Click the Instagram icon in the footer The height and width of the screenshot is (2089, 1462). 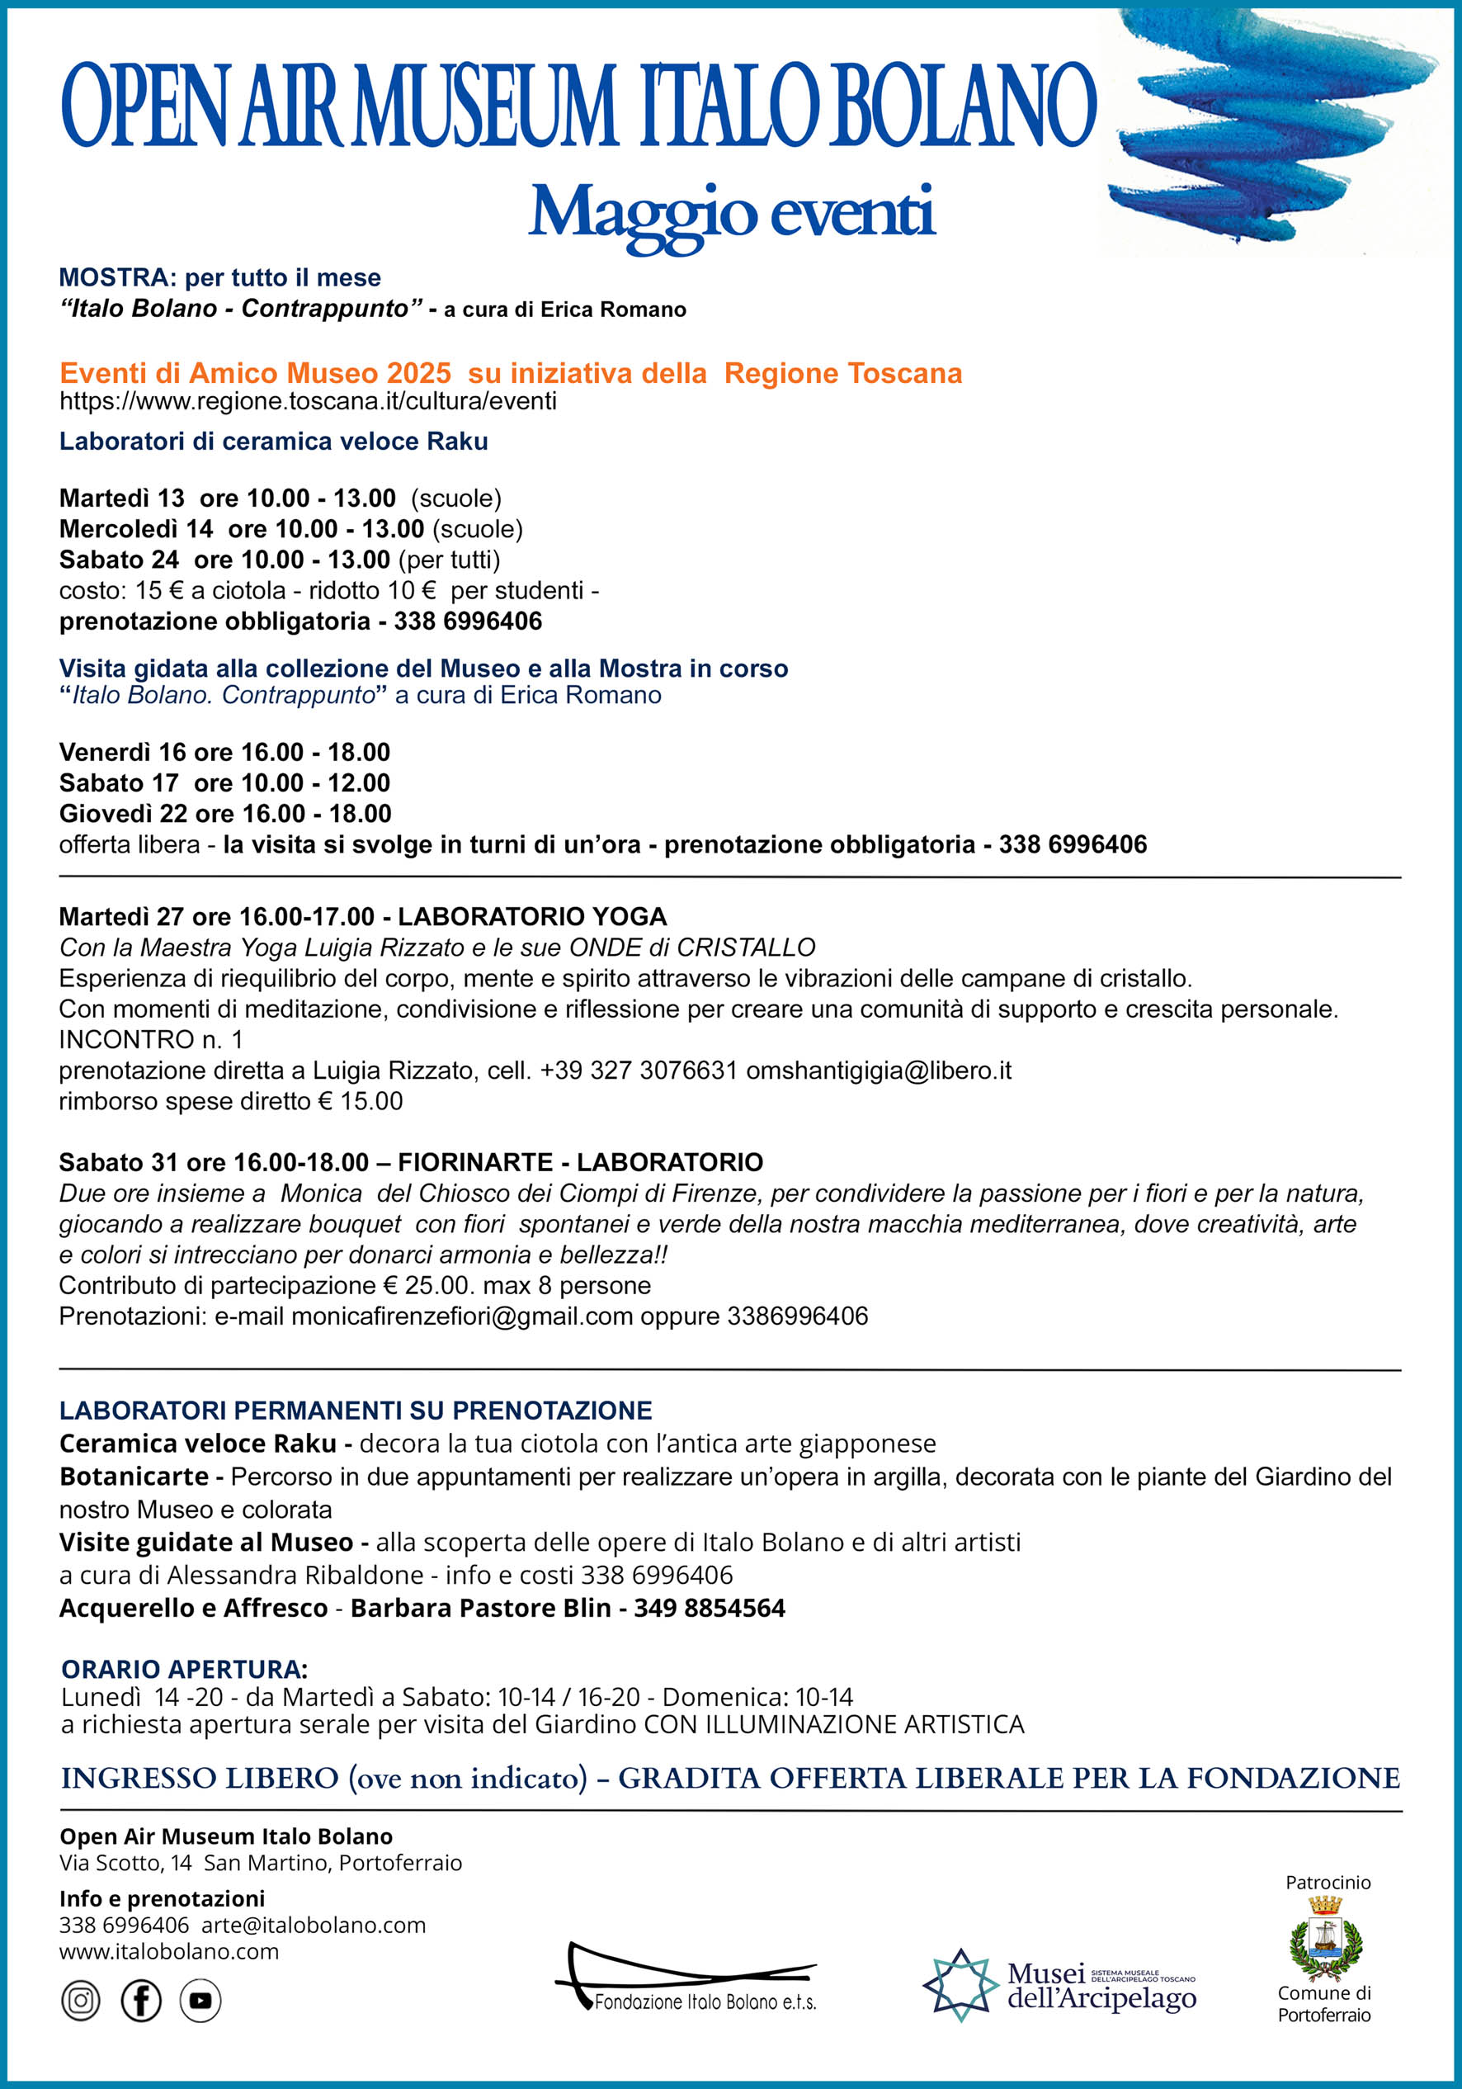[x=81, y=2001]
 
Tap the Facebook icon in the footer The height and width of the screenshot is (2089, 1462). [x=141, y=2001]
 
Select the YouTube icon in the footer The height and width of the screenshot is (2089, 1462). [x=200, y=2001]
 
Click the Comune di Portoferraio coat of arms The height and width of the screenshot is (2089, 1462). [x=1326, y=1949]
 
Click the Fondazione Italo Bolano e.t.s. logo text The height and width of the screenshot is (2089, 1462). [x=705, y=2002]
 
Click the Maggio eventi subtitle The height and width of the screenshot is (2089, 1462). [x=732, y=213]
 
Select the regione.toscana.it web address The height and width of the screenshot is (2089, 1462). [x=308, y=401]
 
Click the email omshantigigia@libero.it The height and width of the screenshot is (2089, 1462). [x=878, y=1070]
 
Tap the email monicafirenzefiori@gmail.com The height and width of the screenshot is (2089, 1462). [x=461, y=1316]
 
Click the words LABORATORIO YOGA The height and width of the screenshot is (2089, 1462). [x=532, y=916]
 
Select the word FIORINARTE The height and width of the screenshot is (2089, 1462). [x=475, y=1162]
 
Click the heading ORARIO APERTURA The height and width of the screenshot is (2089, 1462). [x=185, y=1670]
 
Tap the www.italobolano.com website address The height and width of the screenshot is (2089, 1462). [x=169, y=1952]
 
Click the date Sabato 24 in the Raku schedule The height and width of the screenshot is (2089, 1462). [x=119, y=560]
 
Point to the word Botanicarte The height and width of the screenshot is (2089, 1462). [x=134, y=1477]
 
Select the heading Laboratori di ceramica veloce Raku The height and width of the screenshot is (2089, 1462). [x=273, y=442]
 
